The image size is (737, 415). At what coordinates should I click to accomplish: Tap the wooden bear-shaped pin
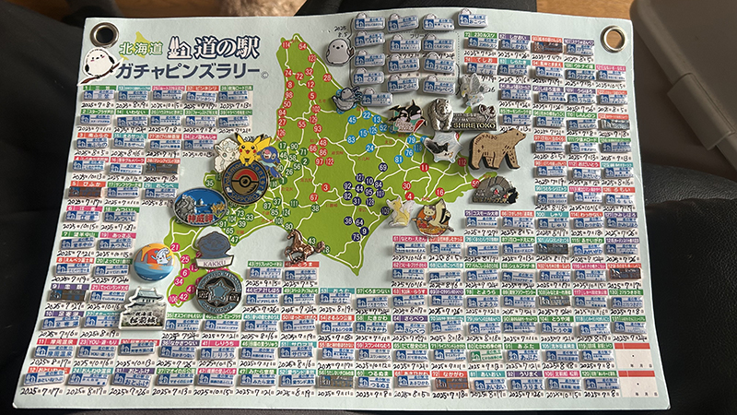tap(497, 148)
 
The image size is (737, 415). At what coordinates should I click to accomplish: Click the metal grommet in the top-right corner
tap(612, 38)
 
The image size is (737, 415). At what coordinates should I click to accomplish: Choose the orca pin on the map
tap(403, 114)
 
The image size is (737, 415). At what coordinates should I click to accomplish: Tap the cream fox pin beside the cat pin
tap(397, 211)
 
